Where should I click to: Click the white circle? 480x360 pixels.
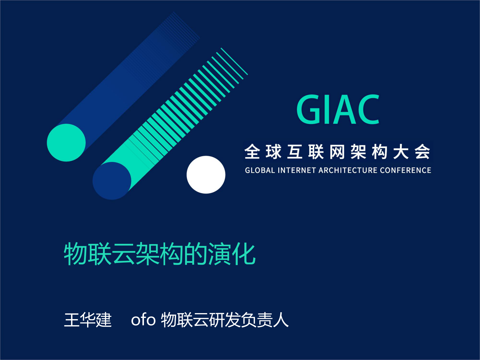coord(206,175)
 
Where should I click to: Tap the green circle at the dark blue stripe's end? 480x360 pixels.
coord(66,142)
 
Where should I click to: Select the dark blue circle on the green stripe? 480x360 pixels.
coord(112,181)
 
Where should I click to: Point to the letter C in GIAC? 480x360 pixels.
coord(368,110)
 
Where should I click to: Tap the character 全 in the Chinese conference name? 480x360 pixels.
coord(252,152)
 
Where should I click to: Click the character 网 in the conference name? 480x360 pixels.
coord(337,152)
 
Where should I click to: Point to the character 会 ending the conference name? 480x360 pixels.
coord(422,152)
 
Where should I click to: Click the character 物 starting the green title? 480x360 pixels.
coord(75,254)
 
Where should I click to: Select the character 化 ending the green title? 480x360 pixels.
coord(244,254)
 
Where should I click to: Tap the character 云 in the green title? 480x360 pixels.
coord(123,254)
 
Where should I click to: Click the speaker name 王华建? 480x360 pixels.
coord(88,320)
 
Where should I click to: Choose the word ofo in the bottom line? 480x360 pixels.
coord(143,320)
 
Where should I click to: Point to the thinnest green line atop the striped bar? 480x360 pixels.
coord(234,61)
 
